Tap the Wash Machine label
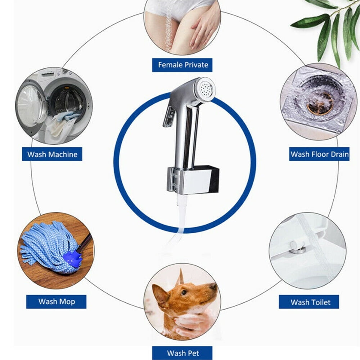(x=52, y=154)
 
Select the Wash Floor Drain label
(x=319, y=154)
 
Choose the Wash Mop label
(x=56, y=301)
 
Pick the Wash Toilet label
(x=309, y=302)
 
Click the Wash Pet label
(x=182, y=353)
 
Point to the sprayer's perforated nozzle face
(x=206, y=89)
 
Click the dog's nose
(x=214, y=286)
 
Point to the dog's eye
(x=184, y=292)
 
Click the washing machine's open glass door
(x=32, y=106)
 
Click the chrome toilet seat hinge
(x=297, y=248)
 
